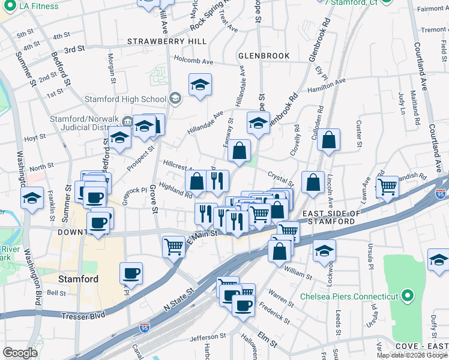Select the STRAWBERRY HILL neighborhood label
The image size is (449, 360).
(x=167, y=41)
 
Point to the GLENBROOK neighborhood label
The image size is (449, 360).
(x=264, y=56)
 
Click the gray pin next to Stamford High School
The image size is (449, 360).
(x=175, y=99)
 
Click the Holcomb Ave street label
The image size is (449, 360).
(x=193, y=61)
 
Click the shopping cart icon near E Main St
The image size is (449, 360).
(x=173, y=245)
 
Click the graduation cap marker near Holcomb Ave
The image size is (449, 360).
(x=200, y=85)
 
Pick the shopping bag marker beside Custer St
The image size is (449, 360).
(x=328, y=140)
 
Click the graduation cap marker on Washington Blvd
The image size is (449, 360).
(x=31, y=197)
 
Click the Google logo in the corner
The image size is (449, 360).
(x=20, y=353)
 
